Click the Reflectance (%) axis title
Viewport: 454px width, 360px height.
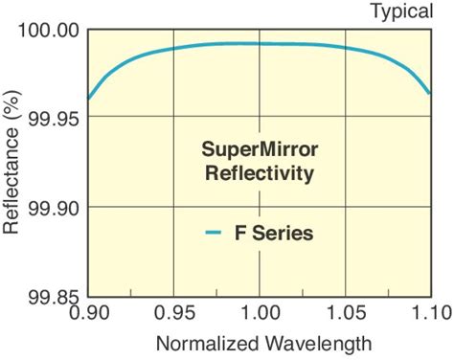[x=12, y=162]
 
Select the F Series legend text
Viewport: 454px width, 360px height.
[x=276, y=232]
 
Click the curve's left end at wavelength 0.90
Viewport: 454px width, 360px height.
[x=87, y=98]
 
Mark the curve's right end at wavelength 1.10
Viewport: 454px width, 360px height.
[x=430, y=93]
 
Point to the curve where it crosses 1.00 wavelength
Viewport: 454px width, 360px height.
[x=259, y=43]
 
